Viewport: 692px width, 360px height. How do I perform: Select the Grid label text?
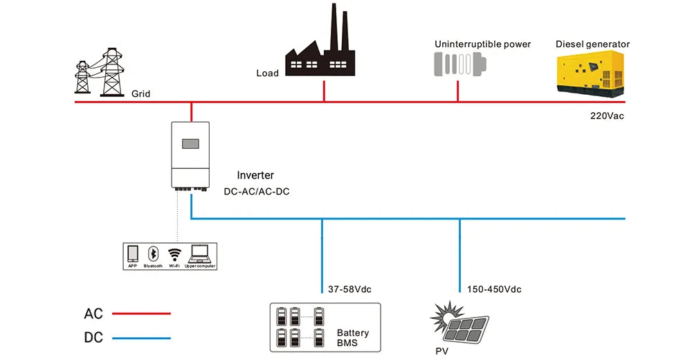tap(140, 93)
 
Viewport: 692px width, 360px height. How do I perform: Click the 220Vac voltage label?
tap(607, 116)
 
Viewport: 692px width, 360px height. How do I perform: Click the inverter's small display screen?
tap(190, 144)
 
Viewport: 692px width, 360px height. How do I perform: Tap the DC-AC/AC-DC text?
tap(257, 191)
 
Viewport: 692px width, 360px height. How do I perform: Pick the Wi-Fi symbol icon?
tap(174, 253)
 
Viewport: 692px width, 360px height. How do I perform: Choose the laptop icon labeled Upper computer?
tap(199, 253)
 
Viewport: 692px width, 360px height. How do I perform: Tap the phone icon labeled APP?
tap(133, 253)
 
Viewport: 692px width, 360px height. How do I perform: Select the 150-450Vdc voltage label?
tap(494, 289)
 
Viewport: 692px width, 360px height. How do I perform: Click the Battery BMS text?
tap(352, 338)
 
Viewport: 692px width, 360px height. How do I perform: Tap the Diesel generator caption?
tap(592, 44)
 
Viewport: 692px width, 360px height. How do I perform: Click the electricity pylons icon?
tap(100, 72)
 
